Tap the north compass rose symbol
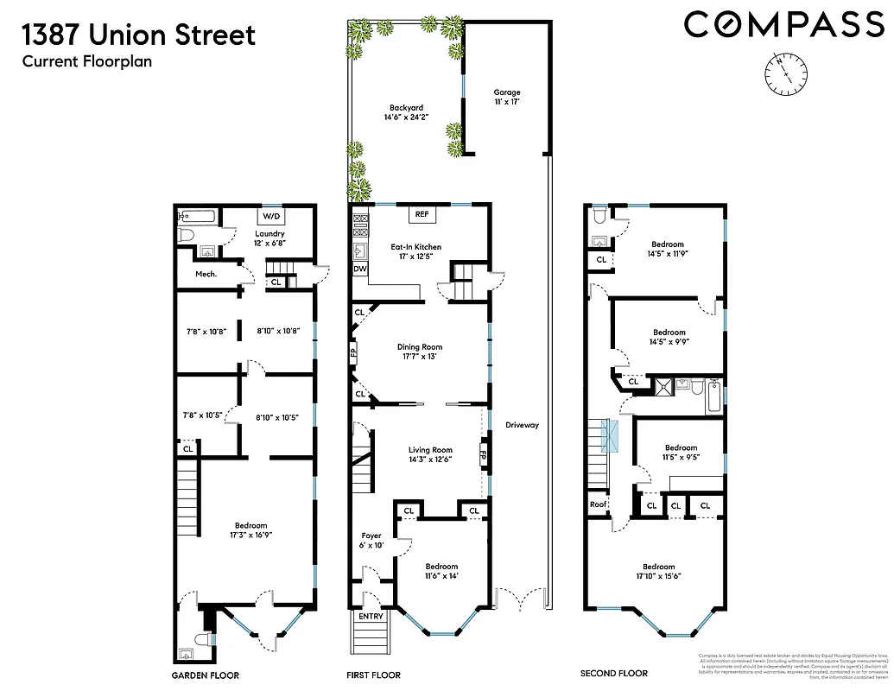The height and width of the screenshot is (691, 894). point(784,73)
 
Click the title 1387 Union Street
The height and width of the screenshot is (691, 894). point(139,35)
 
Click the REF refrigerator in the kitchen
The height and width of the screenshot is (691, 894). point(422,213)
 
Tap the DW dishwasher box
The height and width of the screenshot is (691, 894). point(359,269)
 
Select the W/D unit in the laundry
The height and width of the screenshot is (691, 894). point(270,216)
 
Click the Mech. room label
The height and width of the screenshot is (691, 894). point(205,274)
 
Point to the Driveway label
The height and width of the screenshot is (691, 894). point(521,424)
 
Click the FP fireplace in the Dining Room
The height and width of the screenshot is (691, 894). point(353,352)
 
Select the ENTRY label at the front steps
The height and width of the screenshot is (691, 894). point(371,616)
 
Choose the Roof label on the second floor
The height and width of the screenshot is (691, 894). point(599,504)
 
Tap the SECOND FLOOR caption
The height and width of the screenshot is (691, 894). point(614,674)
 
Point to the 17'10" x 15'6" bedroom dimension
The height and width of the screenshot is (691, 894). point(645,577)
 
